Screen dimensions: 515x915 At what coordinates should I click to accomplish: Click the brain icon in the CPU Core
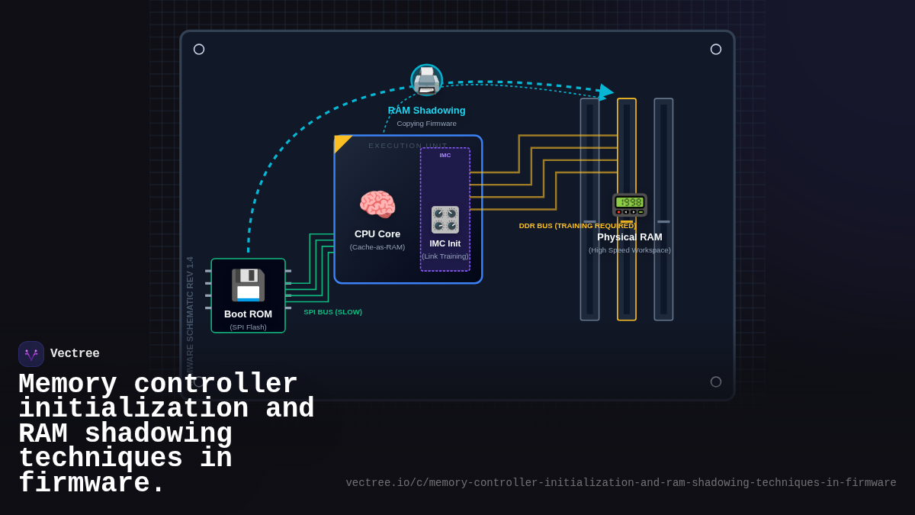pyautogui.click(x=377, y=205)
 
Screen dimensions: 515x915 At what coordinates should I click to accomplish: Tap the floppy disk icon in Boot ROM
pyautogui.click(x=248, y=285)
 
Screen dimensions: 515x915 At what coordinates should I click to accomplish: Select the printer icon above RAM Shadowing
pyautogui.click(x=426, y=80)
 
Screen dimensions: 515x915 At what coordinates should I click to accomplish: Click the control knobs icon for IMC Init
pyautogui.click(x=445, y=220)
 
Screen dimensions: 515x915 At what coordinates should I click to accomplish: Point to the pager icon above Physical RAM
pyautogui.click(x=629, y=204)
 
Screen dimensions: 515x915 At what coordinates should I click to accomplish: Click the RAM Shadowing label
pyautogui.click(x=426, y=111)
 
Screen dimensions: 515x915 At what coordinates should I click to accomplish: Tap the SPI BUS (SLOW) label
pyautogui.click(x=332, y=312)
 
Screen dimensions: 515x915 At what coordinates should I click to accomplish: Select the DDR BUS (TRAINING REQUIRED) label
pyautogui.click(x=577, y=226)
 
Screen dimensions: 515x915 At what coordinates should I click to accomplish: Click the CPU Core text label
pyautogui.click(x=377, y=234)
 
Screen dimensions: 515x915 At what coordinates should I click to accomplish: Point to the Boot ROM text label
pyautogui.click(x=248, y=314)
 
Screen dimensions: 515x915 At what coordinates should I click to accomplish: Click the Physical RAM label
pyautogui.click(x=629, y=237)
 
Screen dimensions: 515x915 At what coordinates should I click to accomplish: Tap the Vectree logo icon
pyautogui.click(x=31, y=354)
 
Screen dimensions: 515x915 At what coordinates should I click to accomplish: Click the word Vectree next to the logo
pyautogui.click(x=75, y=354)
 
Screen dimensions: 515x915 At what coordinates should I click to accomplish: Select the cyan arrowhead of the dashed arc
pyautogui.click(x=605, y=92)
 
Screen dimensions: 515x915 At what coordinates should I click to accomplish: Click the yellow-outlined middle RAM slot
pyautogui.click(x=627, y=275)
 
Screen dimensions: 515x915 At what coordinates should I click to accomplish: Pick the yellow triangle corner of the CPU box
pyautogui.click(x=341, y=142)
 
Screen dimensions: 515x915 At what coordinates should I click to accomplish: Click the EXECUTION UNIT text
pyautogui.click(x=407, y=146)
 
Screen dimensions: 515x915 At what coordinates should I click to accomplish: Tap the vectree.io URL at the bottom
pyautogui.click(x=621, y=483)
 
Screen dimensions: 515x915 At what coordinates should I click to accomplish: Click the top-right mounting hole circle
pyautogui.click(x=715, y=50)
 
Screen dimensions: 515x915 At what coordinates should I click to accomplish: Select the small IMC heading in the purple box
pyautogui.click(x=445, y=156)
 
